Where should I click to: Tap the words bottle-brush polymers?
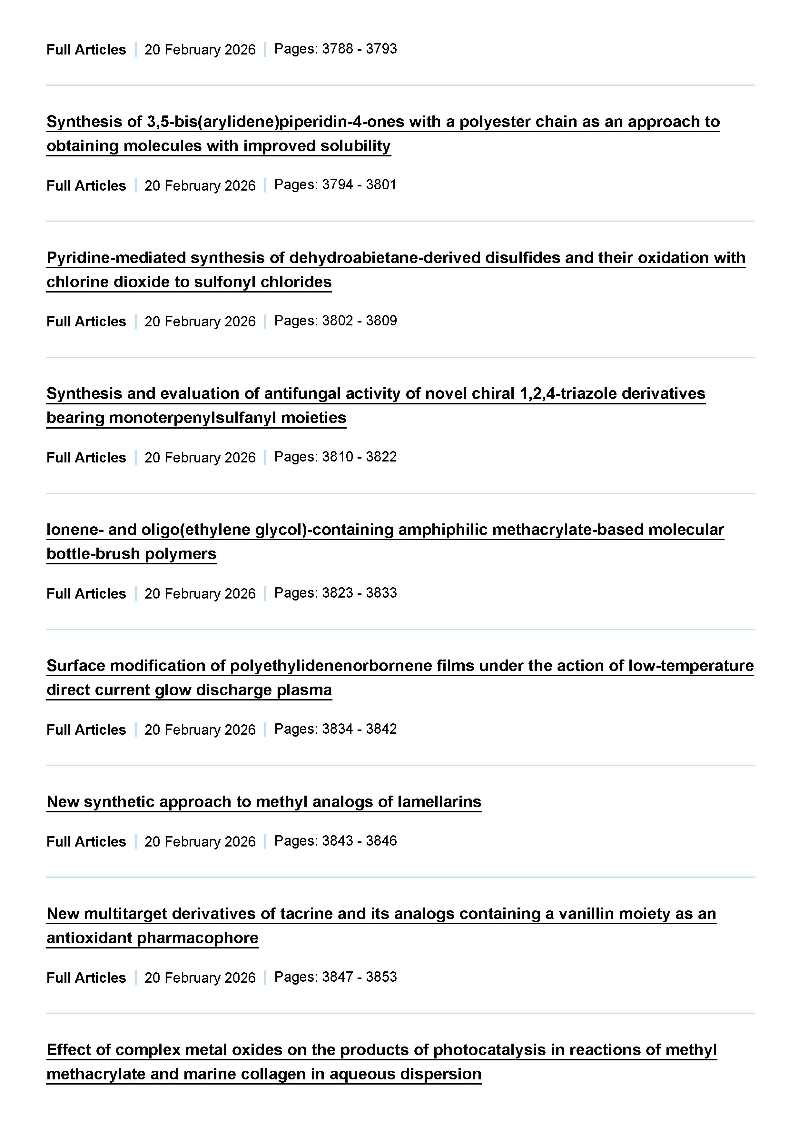[131, 554]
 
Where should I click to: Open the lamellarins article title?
[263, 801]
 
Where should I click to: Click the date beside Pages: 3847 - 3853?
[200, 977]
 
